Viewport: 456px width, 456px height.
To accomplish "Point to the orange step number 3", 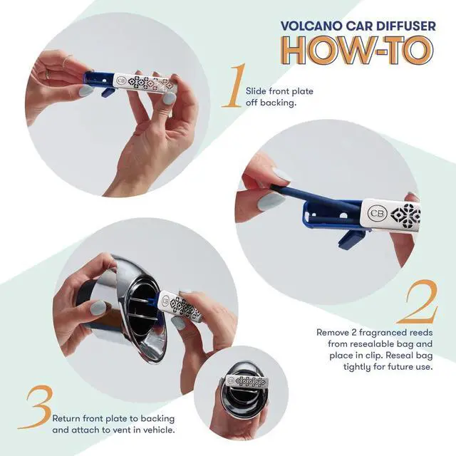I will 38,408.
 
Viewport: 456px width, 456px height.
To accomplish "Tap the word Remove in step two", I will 333,332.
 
